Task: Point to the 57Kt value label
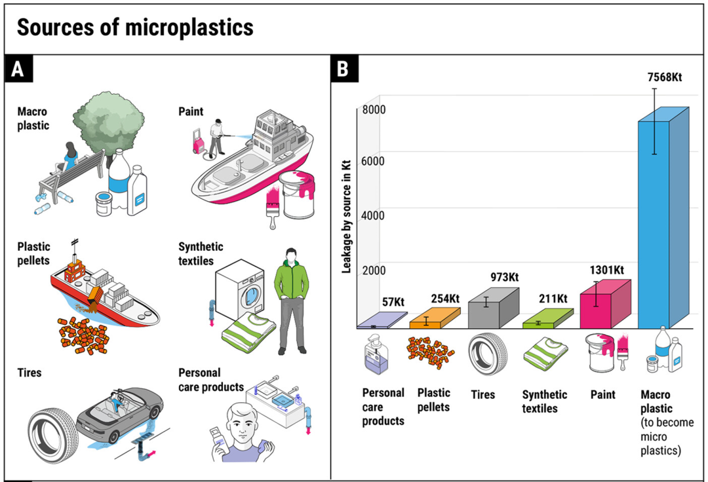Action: click(x=393, y=302)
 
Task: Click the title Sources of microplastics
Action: click(x=134, y=28)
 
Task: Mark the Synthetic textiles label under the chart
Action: click(x=544, y=401)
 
